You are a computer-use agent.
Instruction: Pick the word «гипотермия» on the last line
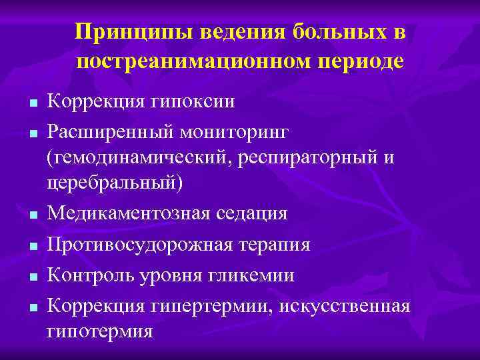99,330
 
